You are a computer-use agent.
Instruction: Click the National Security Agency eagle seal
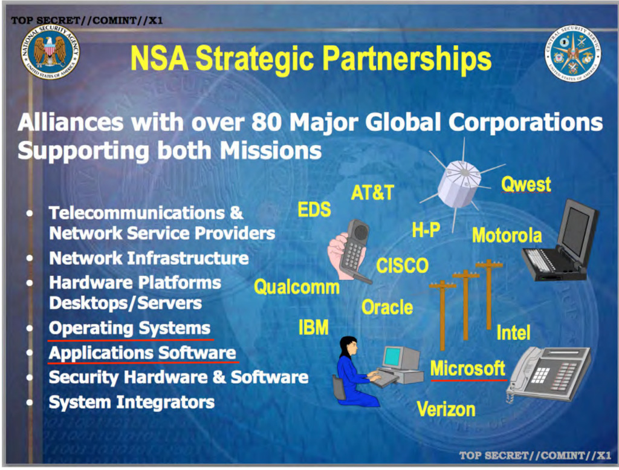[x=50, y=52]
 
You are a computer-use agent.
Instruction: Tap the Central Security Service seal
[x=573, y=53]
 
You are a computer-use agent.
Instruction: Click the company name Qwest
[x=526, y=184]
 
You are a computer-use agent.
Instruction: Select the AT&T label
[x=372, y=193]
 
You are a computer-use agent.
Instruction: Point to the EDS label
[x=314, y=209]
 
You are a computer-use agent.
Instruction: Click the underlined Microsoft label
[x=468, y=368]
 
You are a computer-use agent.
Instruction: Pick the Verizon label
[x=446, y=409]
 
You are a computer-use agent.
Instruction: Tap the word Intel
[x=513, y=332]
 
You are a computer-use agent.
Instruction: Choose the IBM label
[x=314, y=327]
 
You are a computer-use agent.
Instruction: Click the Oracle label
[x=387, y=307]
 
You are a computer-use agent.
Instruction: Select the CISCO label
[x=402, y=266]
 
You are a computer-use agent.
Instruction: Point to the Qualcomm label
[x=296, y=287]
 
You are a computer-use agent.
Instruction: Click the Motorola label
[x=507, y=235]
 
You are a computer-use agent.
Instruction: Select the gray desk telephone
[x=549, y=374]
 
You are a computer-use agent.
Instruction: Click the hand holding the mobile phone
[x=350, y=251]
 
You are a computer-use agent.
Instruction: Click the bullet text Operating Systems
[x=129, y=328]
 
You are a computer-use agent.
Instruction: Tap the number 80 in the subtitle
[x=266, y=122]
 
